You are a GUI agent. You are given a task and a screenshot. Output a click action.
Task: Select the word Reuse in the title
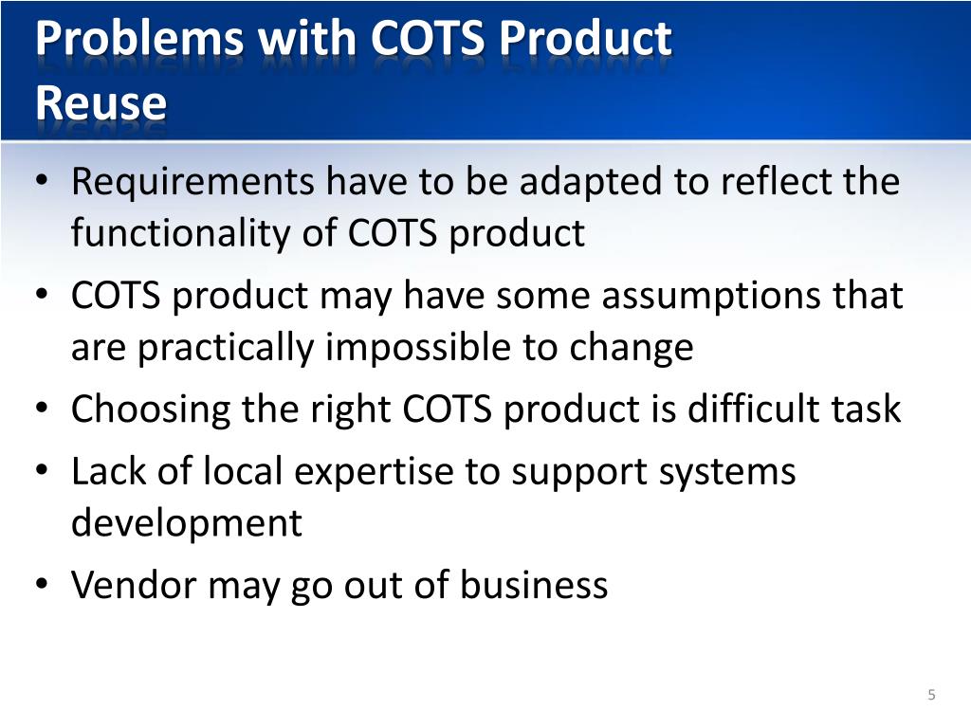click(101, 102)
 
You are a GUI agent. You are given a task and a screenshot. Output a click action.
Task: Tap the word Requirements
click(192, 180)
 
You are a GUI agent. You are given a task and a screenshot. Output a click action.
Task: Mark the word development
click(187, 523)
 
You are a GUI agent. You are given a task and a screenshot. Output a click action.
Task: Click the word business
click(534, 585)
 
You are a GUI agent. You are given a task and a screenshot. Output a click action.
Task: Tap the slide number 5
click(931, 696)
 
